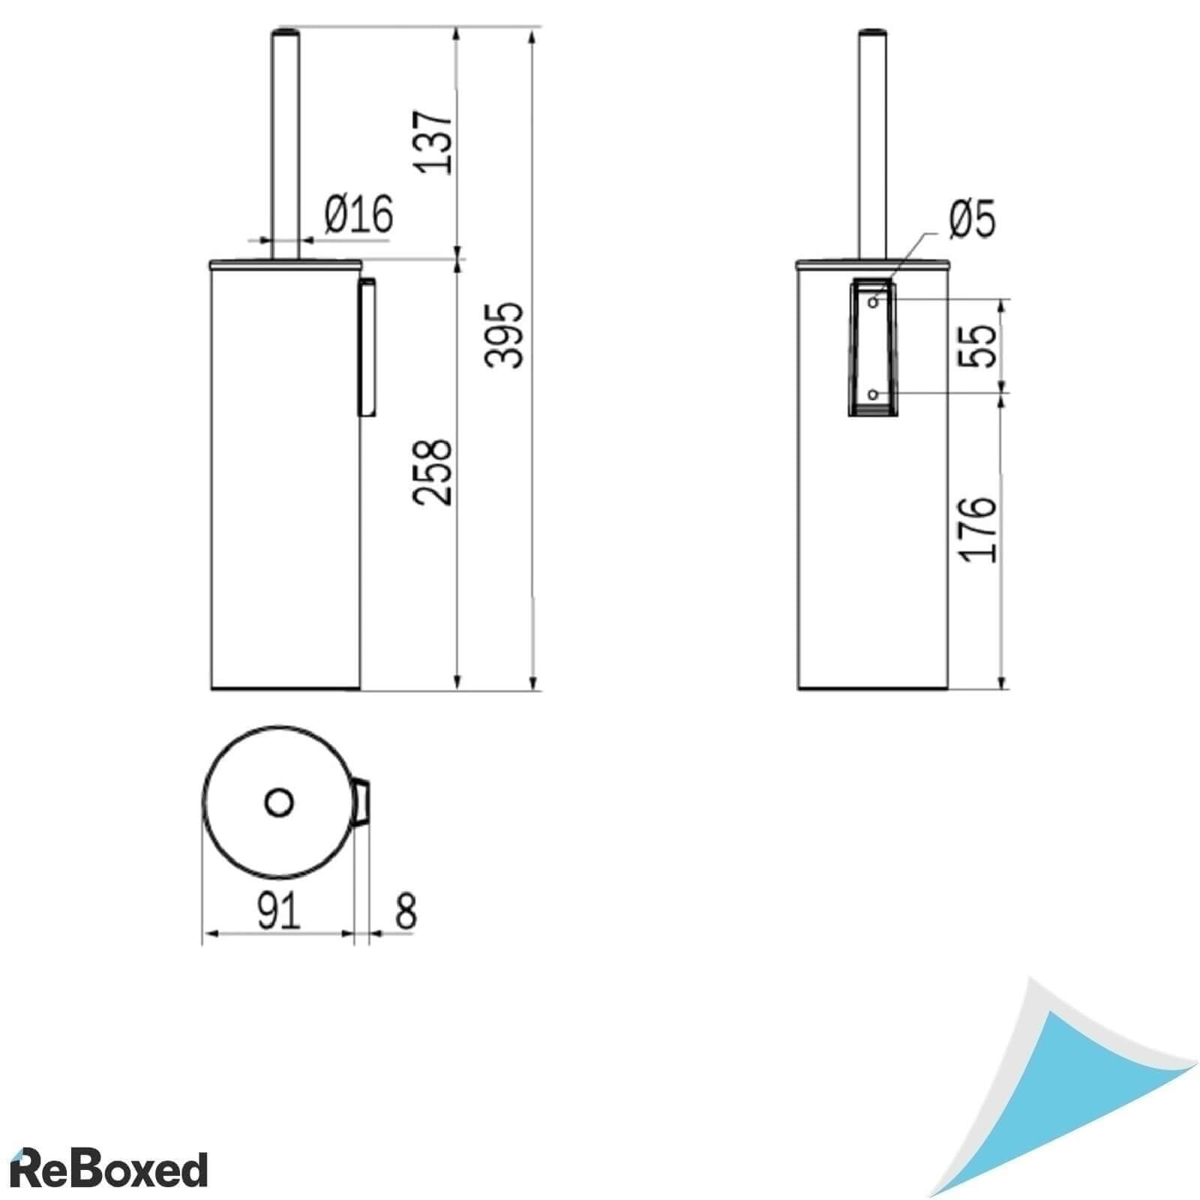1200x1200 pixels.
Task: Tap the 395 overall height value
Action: pos(502,334)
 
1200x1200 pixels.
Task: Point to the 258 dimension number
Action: pos(434,472)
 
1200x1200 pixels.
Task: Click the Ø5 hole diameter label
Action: pos(972,220)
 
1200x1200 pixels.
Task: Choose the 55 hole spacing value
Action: pos(978,345)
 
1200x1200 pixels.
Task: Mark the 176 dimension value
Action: pos(978,529)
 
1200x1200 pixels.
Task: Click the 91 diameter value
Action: pos(278,910)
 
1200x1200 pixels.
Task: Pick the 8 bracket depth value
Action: pos(405,910)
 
